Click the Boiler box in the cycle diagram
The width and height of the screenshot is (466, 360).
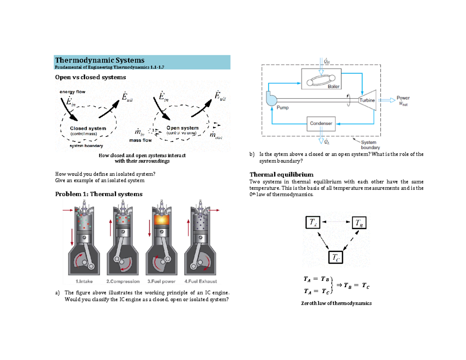[322, 79]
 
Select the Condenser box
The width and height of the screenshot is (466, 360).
[321, 123]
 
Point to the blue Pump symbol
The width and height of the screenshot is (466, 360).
[271, 99]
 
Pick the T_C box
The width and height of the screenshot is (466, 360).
[336, 257]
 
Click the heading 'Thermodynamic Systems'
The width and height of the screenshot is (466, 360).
[100, 60]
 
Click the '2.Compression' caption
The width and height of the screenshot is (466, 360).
[123, 281]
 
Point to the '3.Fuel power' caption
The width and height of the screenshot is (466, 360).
[162, 281]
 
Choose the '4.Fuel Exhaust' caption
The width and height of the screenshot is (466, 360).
[201, 281]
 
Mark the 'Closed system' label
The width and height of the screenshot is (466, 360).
[88, 128]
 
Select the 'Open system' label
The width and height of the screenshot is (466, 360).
[182, 127]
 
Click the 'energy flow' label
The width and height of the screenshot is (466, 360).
[72, 92]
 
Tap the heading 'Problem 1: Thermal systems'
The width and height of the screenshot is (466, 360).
[99, 194]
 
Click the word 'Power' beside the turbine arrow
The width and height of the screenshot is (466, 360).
[403, 98]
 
